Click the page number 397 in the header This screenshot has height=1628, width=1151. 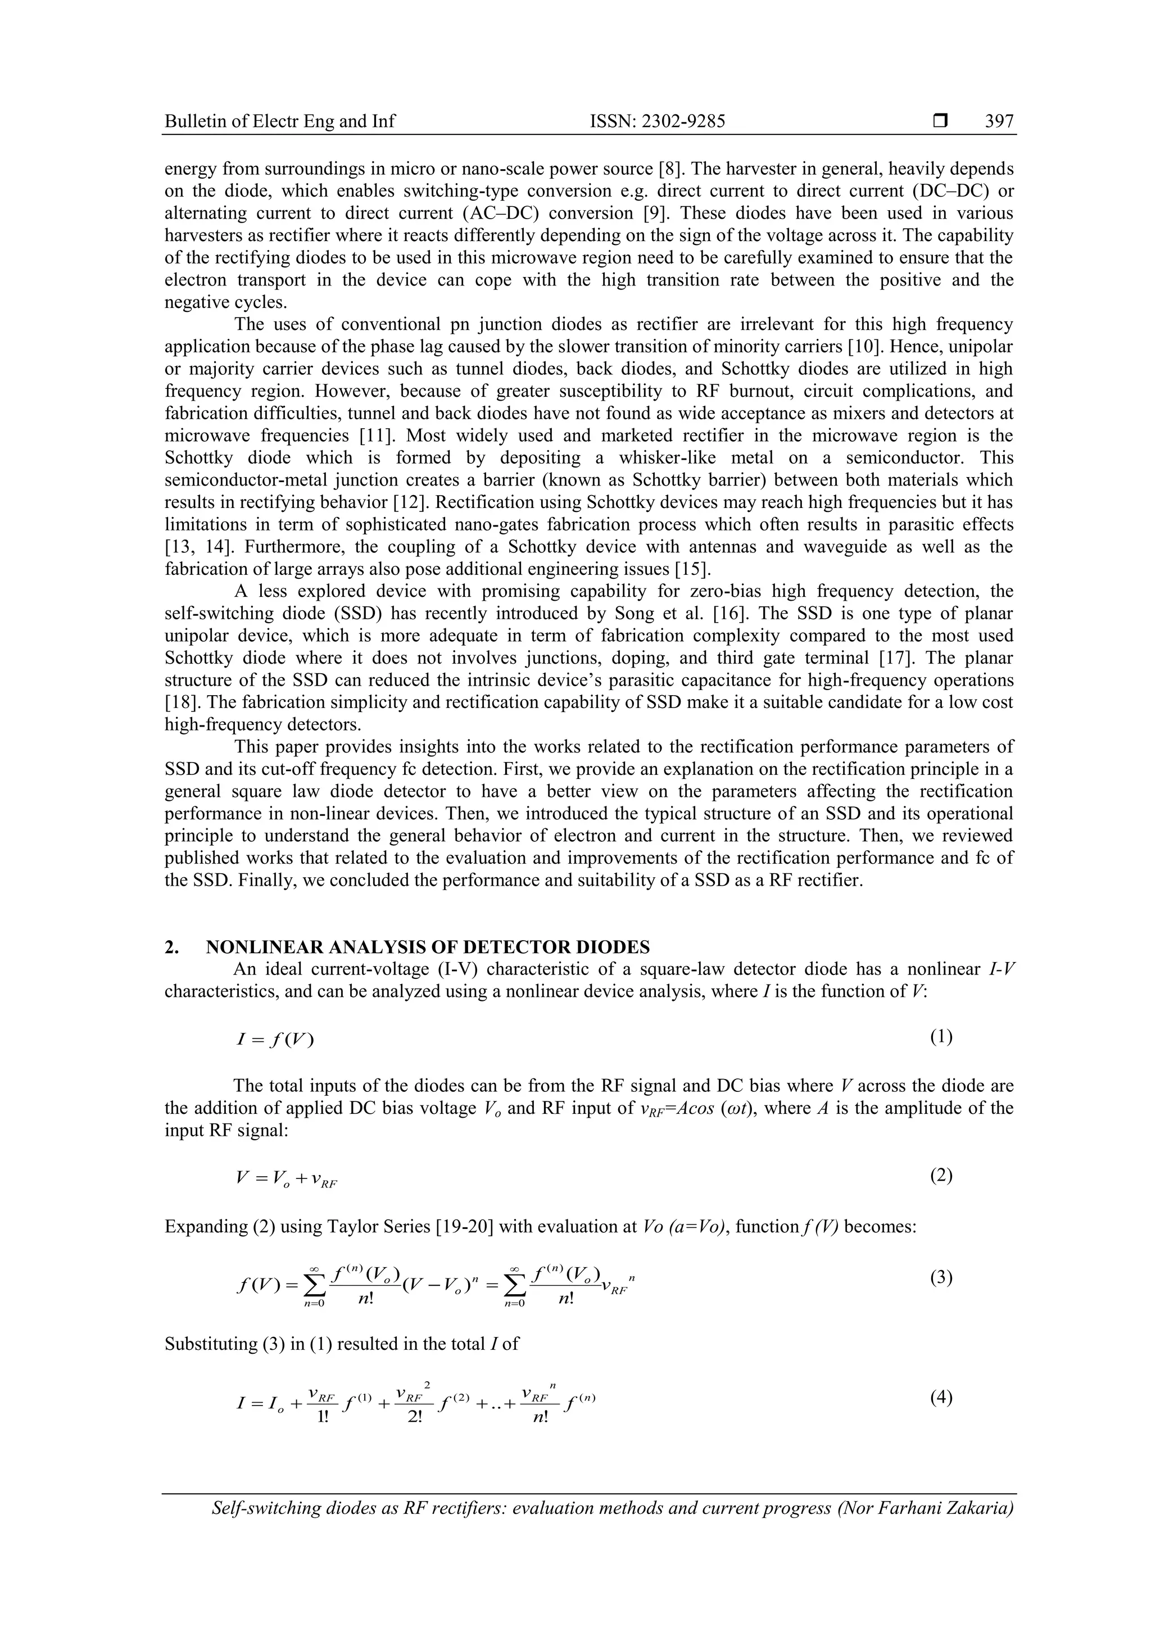coord(999,122)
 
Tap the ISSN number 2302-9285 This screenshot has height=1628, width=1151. coord(658,122)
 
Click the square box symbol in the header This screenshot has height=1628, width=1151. coord(940,122)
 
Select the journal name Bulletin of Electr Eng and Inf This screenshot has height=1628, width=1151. coord(279,122)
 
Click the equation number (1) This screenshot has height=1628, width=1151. coord(941,1037)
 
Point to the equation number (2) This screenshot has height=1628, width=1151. coord(941,1176)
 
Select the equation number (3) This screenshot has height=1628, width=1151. coord(941,1278)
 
